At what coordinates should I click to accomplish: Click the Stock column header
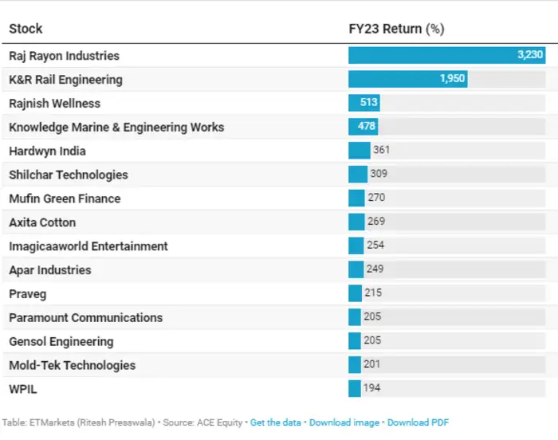click(26, 29)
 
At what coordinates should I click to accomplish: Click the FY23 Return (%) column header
click(396, 29)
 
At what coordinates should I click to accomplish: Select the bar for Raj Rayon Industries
click(446, 56)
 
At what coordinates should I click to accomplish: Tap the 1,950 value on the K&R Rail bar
click(452, 79)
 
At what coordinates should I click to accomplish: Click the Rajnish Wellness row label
click(55, 104)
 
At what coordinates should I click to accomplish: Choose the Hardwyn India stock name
click(47, 151)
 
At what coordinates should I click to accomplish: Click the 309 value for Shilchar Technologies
click(378, 174)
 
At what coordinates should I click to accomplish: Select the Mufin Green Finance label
click(65, 198)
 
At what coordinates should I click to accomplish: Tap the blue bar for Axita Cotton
click(356, 222)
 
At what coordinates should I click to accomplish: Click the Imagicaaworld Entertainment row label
click(88, 246)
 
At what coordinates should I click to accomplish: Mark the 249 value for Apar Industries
click(375, 269)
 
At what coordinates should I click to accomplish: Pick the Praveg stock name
click(28, 294)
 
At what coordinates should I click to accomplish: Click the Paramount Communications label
click(85, 317)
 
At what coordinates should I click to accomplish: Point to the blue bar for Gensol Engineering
click(355, 341)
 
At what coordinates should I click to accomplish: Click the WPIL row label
click(23, 389)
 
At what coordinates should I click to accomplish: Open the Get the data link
click(276, 422)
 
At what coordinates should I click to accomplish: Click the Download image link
click(345, 422)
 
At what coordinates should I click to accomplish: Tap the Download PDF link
click(418, 422)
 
